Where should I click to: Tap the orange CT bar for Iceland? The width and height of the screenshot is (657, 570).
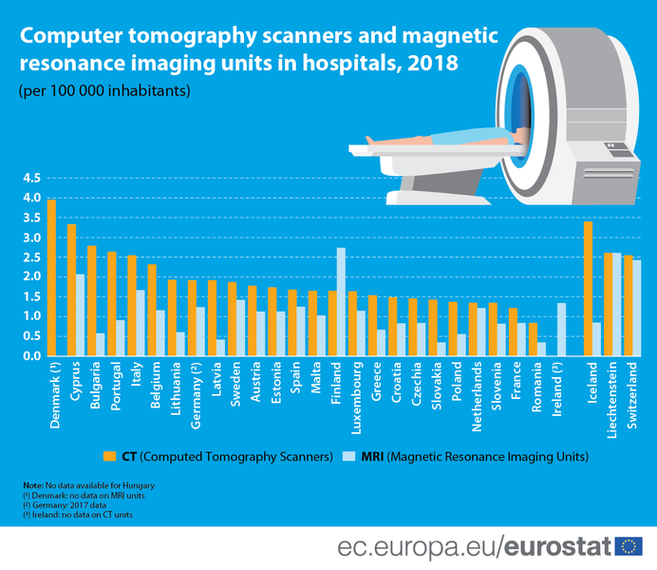tap(588, 289)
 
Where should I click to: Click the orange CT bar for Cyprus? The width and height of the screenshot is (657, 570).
tap(71, 290)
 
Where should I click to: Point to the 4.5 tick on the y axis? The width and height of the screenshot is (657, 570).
tap(30, 179)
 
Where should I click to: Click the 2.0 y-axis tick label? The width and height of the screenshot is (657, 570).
tap(30, 277)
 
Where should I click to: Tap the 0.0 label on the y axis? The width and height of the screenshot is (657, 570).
tap(30, 356)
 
